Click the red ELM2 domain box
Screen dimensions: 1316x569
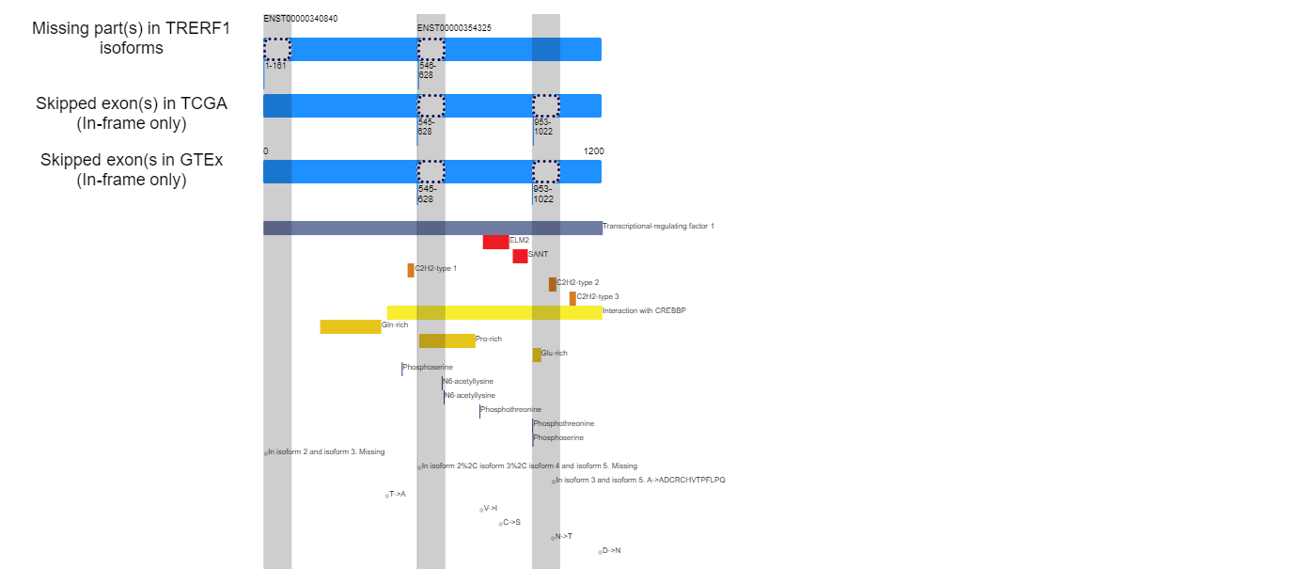click(496, 243)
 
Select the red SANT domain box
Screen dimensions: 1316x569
click(520, 256)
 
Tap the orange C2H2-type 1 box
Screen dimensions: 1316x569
click(411, 271)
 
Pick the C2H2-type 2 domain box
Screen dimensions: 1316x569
click(553, 284)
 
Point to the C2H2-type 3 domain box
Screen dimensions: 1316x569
click(572, 299)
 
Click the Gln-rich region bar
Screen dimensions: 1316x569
click(351, 327)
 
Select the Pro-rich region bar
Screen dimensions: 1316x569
click(447, 340)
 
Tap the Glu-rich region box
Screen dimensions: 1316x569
click(537, 356)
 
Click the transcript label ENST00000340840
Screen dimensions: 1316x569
click(300, 19)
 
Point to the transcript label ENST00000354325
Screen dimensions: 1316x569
click(454, 28)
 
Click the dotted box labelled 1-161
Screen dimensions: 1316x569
click(277, 49)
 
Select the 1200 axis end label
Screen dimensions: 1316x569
click(593, 151)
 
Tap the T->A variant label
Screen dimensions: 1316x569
click(398, 494)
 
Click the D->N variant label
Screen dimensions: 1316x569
click(612, 550)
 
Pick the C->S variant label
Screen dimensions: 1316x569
click(511, 522)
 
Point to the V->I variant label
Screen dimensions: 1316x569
click(491, 508)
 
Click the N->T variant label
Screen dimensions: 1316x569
click(564, 536)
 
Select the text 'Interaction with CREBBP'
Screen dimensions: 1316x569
click(644, 310)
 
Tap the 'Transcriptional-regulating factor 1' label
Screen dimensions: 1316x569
click(659, 226)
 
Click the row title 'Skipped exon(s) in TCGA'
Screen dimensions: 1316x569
click(132, 103)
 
